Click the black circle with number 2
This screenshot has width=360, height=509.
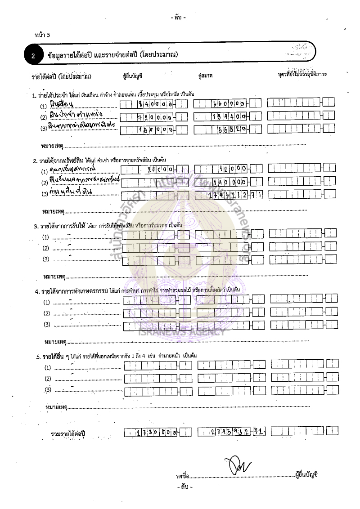(33, 56)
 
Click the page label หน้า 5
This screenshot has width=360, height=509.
(42, 35)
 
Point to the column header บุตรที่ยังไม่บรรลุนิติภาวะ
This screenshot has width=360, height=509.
(302, 74)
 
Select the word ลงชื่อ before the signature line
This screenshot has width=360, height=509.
(182, 475)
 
